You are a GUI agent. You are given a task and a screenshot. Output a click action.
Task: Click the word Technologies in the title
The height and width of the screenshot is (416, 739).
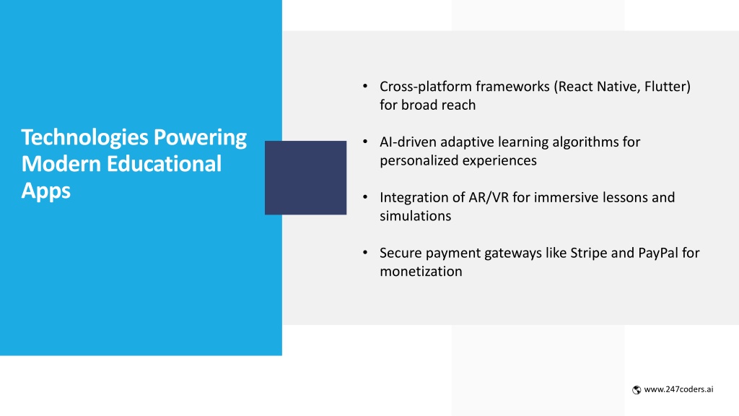(x=85, y=138)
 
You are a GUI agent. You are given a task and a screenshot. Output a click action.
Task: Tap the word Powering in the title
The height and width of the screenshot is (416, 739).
(x=201, y=138)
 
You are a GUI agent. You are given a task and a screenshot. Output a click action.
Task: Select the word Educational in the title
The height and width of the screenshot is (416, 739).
(x=164, y=164)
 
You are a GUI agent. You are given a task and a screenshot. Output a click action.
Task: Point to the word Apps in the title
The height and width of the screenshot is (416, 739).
(x=45, y=191)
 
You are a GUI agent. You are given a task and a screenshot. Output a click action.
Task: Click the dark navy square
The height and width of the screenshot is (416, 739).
(x=305, y=178)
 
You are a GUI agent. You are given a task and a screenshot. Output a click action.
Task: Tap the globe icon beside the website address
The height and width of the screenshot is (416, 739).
(x=637, y=389)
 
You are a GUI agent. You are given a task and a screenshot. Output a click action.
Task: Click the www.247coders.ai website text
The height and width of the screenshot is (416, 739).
(x=678, y=389)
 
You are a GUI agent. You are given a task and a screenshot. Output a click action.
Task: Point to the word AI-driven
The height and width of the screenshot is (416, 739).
(x=408, y=142)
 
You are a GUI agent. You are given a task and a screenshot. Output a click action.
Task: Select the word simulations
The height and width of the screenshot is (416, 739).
(x=415, y=216)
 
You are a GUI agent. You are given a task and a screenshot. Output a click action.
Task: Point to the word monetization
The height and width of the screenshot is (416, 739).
(x=421, y=272)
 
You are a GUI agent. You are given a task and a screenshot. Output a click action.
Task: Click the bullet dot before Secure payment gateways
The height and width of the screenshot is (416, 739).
(x=365, y=253)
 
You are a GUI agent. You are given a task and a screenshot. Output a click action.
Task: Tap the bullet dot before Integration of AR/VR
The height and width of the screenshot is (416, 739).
(x=365, y=197)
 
